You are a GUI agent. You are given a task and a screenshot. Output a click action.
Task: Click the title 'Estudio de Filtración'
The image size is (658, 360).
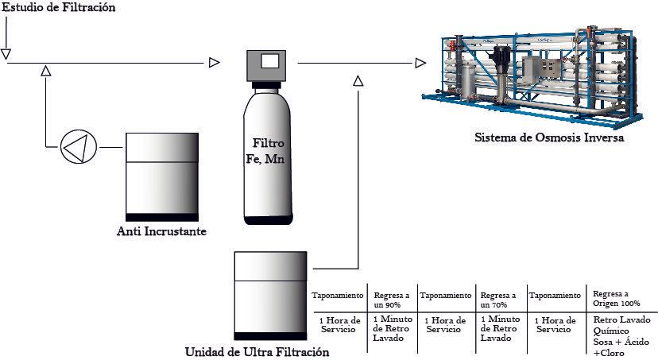point(59,7)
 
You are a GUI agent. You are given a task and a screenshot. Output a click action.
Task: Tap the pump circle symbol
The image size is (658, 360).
point(79,147)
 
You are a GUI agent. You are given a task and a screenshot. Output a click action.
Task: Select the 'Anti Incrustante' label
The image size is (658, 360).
point(161,231)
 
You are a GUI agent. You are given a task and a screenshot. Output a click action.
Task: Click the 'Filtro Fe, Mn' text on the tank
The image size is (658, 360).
point(265,151)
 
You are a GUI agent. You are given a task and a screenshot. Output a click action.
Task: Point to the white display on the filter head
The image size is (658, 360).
point(269,61)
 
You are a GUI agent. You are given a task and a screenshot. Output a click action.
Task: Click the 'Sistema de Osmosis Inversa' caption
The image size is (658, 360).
point(549,137)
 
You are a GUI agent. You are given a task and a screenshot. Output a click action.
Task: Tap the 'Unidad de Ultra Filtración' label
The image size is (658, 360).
point(257,351)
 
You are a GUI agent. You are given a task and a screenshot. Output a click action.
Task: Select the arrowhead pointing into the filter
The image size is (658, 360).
point(214,63)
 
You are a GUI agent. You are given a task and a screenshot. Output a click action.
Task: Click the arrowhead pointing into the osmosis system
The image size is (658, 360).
point(420,63)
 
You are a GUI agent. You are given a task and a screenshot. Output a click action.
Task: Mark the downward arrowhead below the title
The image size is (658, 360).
point(6,54)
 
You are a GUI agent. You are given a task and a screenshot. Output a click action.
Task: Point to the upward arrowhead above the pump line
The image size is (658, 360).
point(46,71)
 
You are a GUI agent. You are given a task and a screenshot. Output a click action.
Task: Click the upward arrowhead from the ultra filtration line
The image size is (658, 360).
point(358,80)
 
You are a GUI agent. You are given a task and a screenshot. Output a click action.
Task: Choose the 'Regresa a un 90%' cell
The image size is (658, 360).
point(392,300)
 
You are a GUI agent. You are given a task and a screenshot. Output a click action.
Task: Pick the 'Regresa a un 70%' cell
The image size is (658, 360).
point(498,300)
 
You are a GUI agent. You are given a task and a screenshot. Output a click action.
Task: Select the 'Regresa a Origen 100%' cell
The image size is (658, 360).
point(617,298)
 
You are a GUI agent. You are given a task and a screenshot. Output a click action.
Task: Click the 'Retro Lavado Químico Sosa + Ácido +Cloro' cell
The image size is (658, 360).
point(621,336)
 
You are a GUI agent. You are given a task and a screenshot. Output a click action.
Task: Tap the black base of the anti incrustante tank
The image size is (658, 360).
point(162,217)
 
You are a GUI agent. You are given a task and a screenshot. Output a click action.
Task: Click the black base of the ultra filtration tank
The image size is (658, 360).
point(270,336)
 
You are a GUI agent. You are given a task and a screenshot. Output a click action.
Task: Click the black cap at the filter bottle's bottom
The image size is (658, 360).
point(268,220)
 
